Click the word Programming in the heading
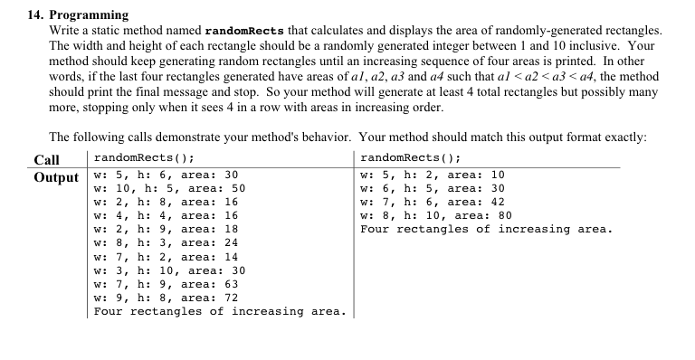[x=88, y=15]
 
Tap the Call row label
[x=46, y=159]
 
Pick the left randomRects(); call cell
[x=146, y=159]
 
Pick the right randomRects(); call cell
[x=411, y=159]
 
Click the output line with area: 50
[x=169, y=188]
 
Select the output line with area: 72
[x=166, y=298]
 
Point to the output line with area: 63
[x=166, y=284]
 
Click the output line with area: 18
[x=166, y=229]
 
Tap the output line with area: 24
[x=166, y=242]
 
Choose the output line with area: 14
[x=166, y=257]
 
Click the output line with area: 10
[x=432, y=175]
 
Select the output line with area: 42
[x=432, y=202]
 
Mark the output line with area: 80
[x=435, y=215]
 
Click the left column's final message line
[x=219, y=311]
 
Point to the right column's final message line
[x=485, y=229]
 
